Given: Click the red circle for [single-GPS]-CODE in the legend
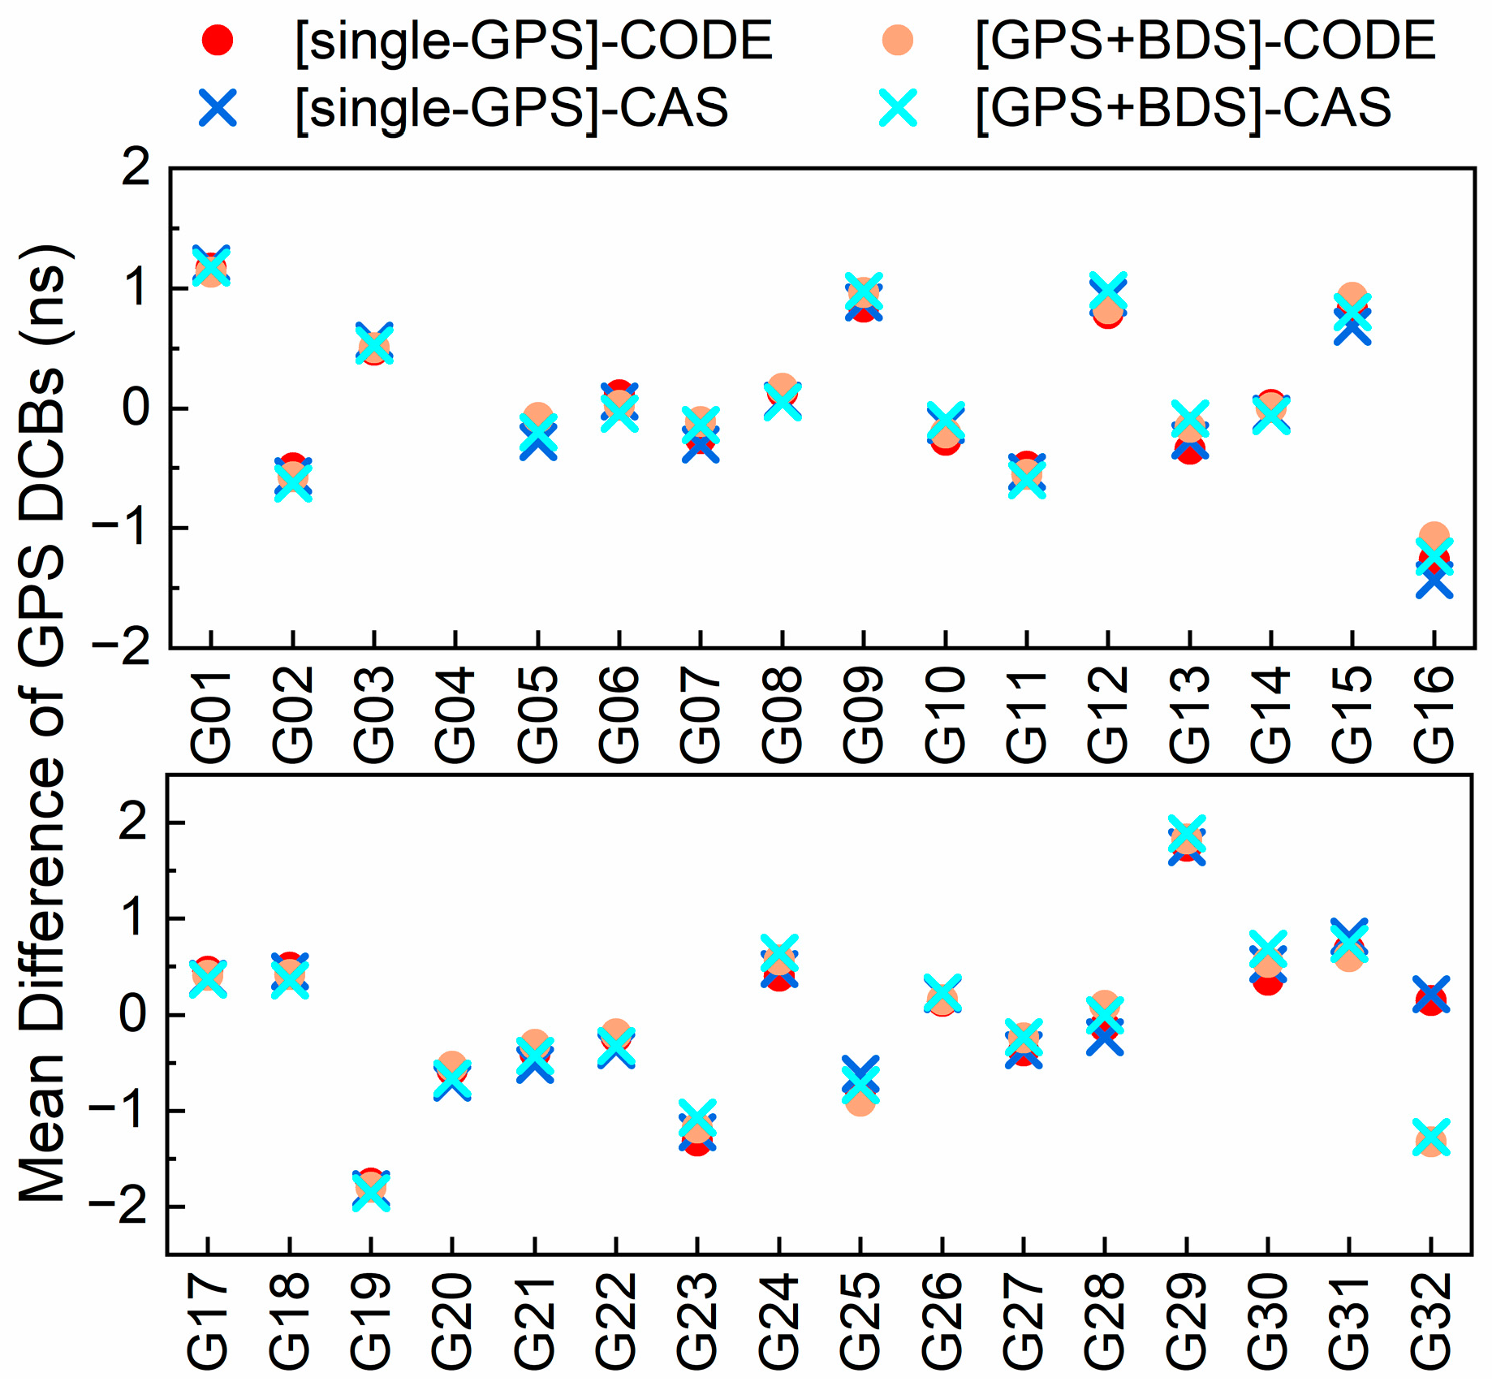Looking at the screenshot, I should [217, 40].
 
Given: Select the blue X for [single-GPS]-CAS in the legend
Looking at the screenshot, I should [217, 107].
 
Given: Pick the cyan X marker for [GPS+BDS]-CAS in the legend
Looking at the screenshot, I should [898, 107].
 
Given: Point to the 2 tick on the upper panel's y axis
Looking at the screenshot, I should [136, 168].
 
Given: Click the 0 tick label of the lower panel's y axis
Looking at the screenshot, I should [134, 1015].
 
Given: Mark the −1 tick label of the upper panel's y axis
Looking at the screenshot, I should [122, 528].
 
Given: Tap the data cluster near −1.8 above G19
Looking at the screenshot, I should [371, 1190].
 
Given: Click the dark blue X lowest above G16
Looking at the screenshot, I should [1434, 581].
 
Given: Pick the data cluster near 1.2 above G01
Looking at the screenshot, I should [211, 266].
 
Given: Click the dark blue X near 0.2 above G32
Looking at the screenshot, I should [1430, 995].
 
